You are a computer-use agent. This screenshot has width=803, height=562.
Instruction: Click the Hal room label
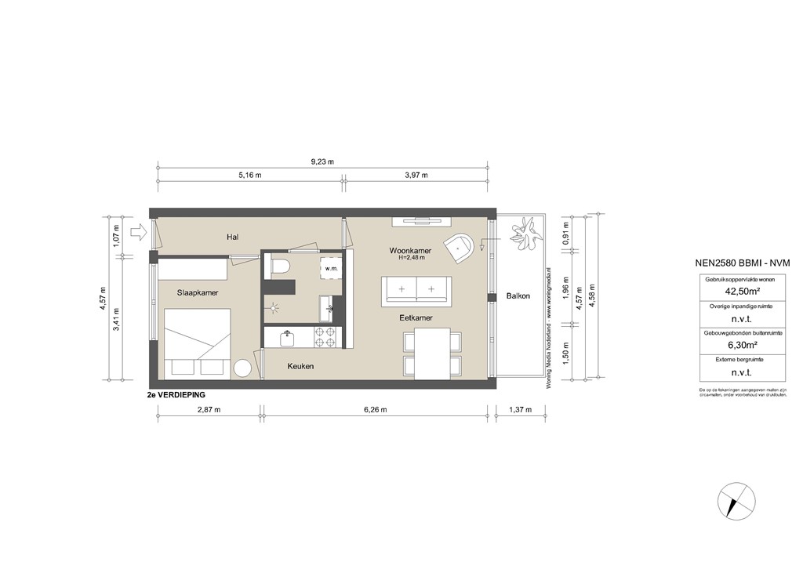coord(232,237)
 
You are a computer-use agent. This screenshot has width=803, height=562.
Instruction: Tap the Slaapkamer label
coord(197,292)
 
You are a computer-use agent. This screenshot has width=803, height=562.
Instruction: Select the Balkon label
coord(518,296)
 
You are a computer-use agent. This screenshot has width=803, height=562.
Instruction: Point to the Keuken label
coord(300,366)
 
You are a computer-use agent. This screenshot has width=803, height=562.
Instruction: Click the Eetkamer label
coord(416,318)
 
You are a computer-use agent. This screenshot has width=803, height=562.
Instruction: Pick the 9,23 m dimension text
coord(322,162)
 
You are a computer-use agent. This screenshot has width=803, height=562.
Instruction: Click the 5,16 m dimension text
coord(249,176)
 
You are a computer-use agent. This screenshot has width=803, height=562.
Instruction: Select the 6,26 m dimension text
coord(376,410)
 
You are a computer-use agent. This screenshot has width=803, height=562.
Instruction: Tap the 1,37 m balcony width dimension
coord(521,410)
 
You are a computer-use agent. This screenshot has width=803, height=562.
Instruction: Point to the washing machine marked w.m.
coord(330,268)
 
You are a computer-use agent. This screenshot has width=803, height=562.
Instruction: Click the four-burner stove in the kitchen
coord(325,338)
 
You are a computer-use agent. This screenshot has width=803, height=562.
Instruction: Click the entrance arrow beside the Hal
coord(138,231)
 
